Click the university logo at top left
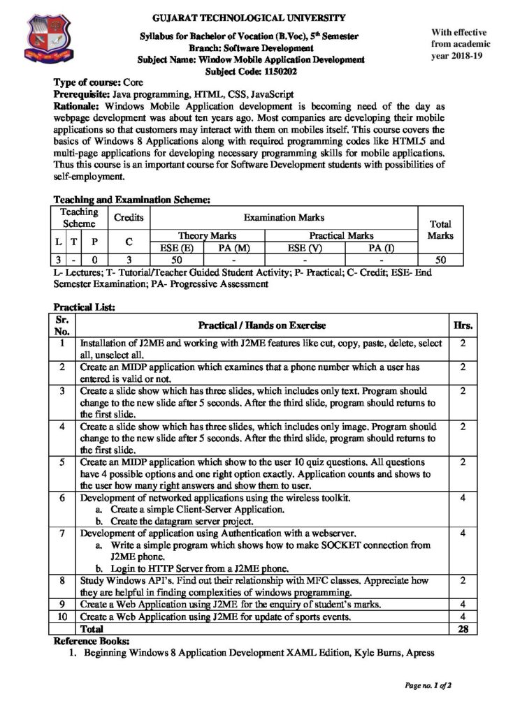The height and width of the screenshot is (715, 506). [49, 38]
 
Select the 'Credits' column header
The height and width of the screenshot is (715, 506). [129, 218]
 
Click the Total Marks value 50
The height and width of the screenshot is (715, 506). [440, 260]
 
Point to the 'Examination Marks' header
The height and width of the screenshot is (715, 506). [283, 218]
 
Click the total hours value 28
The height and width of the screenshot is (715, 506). [463, 629]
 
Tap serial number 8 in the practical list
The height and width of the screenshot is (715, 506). [63, 580]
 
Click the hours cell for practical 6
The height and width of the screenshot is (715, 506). [463, 499]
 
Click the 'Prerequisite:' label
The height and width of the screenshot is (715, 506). [81, 94]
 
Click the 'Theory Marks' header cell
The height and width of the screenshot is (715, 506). [208, 236]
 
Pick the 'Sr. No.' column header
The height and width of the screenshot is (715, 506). [63, 325]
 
